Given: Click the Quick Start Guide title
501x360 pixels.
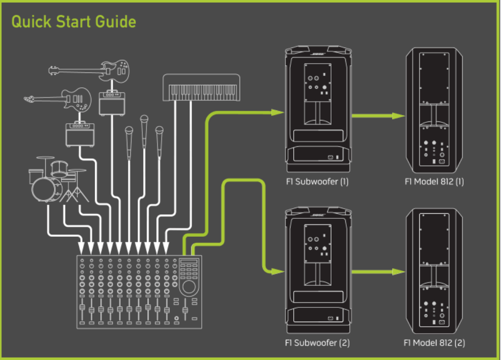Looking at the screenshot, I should [74, 22].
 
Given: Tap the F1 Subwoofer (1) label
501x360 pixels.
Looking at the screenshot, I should [317, 182].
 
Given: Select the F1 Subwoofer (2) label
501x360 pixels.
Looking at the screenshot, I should [317, 343].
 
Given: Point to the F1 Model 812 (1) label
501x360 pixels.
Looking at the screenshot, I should [434, 182].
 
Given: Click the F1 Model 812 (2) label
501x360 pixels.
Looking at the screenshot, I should [434, 343].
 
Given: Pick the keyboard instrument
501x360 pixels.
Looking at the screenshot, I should [201, 88].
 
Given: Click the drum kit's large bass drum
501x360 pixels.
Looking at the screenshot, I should [46, 189].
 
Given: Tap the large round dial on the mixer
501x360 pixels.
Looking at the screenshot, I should [188, 288].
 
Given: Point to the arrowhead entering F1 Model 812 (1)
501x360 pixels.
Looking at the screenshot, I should [398, 116].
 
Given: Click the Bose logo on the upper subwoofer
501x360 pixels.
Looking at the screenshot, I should [318, 54].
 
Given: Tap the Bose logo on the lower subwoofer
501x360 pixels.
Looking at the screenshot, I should [318, 215].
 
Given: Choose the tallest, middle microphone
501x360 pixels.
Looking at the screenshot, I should [144, 121].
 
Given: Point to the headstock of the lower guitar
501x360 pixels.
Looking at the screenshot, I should [30, 98].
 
